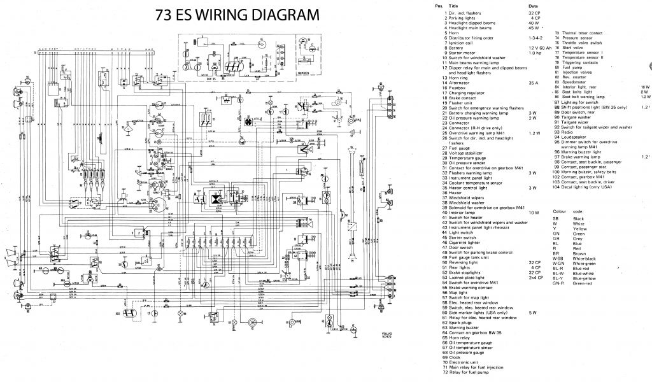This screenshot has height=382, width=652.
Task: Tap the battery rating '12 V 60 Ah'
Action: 540,48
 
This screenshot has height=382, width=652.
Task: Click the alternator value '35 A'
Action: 533,83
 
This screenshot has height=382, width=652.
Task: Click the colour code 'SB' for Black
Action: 556,218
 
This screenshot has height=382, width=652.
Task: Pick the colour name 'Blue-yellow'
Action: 586,278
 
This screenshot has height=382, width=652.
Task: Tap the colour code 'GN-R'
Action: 558,283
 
